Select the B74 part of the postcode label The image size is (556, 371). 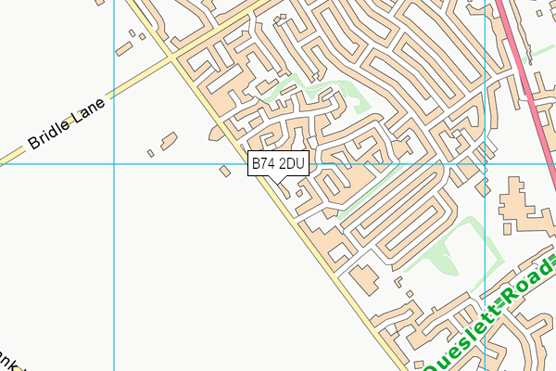(x=264, y=164)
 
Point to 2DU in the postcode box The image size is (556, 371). (x=291, y=164)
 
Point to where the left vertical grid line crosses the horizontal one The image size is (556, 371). (x=113, y=164)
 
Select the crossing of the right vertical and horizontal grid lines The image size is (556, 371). (x=485, y=164)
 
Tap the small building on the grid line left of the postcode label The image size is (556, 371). (x=225, y=169)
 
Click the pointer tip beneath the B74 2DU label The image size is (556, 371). (x=279, y=180)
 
